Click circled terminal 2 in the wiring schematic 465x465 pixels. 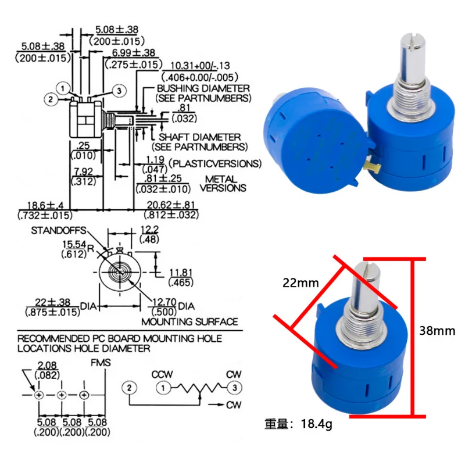(130, 387)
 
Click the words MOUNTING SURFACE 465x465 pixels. (189, 321)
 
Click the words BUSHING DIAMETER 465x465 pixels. (203, 88)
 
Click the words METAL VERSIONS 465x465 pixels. (223, 184)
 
